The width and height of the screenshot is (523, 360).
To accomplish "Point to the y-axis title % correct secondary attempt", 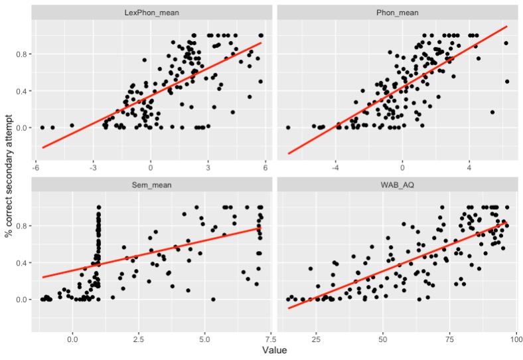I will pyautogui.click(x=9, y=176).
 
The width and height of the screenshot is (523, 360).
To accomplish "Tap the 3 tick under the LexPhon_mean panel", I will pyautogui.click(x=208, y=167).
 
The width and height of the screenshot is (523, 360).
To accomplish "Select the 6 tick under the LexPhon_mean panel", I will pyautogui.click(x=265, y=167).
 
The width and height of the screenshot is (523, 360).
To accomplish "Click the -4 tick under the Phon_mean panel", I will pyautogui.click(x=335, y=167).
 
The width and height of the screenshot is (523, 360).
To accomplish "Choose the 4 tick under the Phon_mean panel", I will pyautogui.click(x=470, y=167).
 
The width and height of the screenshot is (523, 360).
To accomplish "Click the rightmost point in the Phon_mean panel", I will pyautogui.click(x=507, y=82).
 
